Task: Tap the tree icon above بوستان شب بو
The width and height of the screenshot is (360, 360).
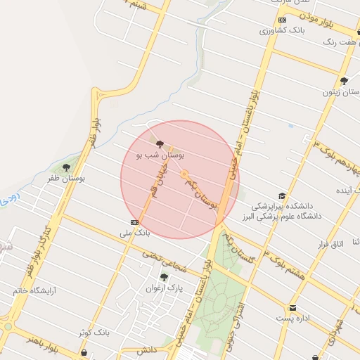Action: point(159,143)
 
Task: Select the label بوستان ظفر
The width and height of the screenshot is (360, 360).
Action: point(66,179)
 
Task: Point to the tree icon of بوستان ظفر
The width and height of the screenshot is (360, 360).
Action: point(66,168)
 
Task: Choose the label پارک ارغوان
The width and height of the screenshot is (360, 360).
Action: point(164,288)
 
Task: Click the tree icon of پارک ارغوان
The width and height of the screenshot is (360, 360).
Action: point(164,277)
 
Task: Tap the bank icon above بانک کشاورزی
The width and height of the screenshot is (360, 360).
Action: point(282,20)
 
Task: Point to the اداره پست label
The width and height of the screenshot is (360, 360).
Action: point(292,319)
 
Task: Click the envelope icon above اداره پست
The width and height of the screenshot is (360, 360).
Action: point(292,308)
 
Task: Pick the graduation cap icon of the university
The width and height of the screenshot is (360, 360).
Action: point(282,196)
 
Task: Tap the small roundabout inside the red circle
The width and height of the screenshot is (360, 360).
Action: point(184,174)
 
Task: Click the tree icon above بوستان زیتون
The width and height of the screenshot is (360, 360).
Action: point(344,82)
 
